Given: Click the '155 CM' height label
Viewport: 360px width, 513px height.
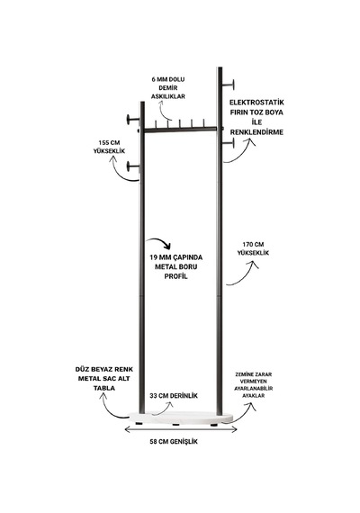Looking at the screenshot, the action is click(x=109, y=143).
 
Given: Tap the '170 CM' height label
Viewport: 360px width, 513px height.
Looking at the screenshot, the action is click(x=253, y=245).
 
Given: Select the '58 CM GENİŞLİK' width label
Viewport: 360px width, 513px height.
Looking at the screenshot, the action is click(x=174, y=442).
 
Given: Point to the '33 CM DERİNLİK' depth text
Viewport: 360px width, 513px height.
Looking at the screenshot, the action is click(x=174, y=396).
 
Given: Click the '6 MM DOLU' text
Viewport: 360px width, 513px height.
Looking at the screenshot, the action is click(x=168, y=79).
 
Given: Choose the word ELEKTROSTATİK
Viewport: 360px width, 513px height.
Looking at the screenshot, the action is click(x=256, y=102).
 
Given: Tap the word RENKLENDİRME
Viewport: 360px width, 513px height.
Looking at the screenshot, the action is click(x=256, y=132).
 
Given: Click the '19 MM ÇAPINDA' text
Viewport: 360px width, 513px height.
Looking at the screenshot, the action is click(x=176, y=257).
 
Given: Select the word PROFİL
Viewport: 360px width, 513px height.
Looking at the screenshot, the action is click(x=176, y=276).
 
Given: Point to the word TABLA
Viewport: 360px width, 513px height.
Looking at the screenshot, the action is click(x=104, y=388).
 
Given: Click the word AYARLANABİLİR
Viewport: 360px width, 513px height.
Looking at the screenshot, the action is click(x=253, y=388).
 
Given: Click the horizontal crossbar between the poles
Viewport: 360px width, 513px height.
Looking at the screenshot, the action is click(x=180, y=130).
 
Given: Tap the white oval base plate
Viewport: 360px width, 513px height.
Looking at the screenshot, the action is click(x=180, y=418).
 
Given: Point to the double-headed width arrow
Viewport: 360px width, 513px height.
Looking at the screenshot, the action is click(x=181, y=429).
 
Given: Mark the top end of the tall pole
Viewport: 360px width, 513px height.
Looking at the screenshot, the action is click(x=220, y=67).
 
